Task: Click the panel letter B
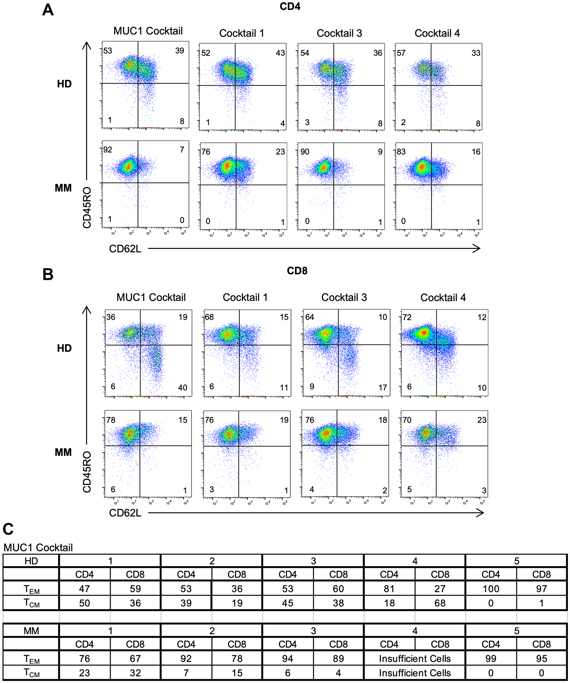48,274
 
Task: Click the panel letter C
8,529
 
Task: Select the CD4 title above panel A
290,7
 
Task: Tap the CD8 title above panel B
297,270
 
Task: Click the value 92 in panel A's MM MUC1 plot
108,149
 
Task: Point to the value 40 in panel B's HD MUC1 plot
182,387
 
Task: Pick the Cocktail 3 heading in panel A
339,33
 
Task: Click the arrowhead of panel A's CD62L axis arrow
477,249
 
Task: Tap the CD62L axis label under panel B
125,513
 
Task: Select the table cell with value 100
490,589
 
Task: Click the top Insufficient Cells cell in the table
414,659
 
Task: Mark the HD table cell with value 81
389,589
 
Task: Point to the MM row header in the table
31,631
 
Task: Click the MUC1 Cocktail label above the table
38,548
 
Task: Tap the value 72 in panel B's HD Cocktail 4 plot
407,317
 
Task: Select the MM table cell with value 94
288,659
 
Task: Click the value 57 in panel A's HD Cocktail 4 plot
401,53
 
